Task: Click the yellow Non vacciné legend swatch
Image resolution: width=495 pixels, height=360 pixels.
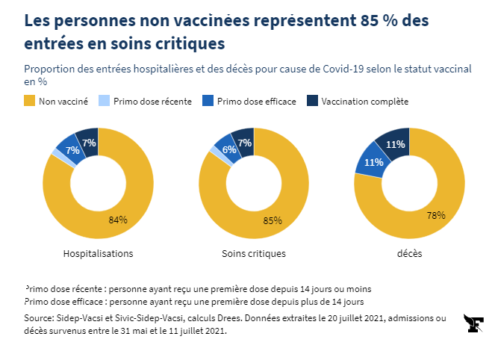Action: (30, 101)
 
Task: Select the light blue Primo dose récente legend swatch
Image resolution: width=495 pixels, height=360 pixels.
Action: (105, 101)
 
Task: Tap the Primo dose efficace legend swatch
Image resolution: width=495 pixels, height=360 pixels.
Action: (208, 101)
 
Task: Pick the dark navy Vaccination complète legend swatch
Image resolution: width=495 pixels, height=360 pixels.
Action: (313, 101)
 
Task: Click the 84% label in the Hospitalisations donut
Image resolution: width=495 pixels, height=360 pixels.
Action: (118, 220)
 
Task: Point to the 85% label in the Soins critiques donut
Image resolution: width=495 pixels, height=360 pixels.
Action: (273, 220)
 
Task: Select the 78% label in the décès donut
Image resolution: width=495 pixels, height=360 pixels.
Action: (436, 215)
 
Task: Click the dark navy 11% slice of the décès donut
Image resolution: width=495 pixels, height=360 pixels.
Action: (395, 143)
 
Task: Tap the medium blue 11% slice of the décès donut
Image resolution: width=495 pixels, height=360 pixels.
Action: (373, 161)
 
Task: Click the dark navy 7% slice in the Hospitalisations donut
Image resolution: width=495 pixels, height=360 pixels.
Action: (88, 142)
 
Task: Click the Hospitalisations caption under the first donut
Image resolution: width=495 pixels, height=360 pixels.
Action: (99, 253)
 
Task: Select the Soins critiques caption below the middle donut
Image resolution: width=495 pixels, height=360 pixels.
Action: (254, 253)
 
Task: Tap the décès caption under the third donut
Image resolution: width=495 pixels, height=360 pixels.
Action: (409, 253)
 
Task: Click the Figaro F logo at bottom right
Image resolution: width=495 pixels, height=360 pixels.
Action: (473, 324)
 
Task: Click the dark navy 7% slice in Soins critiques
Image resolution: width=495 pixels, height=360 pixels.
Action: (244, 142)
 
